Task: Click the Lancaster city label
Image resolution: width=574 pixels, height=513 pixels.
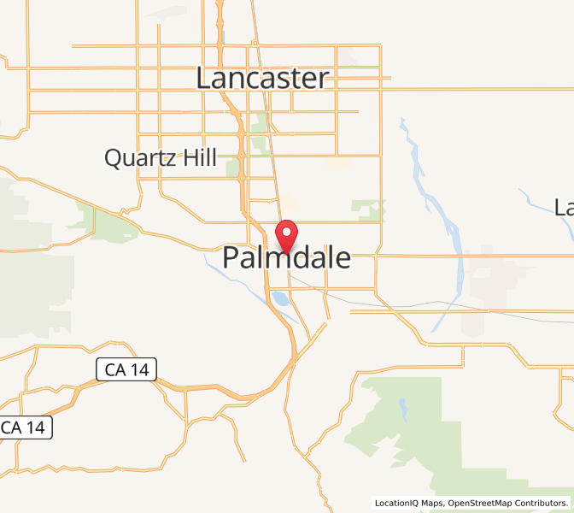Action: click(262, 79)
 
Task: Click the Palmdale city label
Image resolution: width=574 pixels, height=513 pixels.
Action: click(287, 257)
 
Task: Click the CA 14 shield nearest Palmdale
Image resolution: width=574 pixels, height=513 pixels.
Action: click(125, 369)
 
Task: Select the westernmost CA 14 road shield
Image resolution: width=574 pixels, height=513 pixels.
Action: click(26, 427)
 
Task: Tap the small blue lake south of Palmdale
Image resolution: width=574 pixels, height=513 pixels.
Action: click(279, 298)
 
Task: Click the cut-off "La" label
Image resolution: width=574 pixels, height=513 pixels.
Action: click(564, 207)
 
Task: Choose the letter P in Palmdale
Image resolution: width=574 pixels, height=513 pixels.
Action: click(233, 257)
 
